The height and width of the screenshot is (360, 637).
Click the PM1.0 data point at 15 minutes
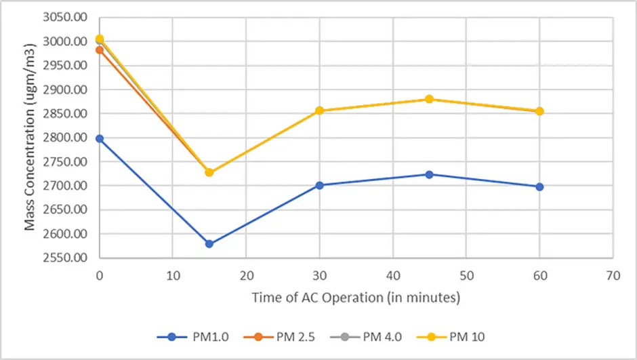(209, 243)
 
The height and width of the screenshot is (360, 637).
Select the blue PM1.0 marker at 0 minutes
(100, 138)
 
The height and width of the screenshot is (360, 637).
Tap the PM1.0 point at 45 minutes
(429, 174)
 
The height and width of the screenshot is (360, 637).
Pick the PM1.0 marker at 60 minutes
(539, 186)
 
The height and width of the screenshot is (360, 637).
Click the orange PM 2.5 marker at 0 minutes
(100, 49)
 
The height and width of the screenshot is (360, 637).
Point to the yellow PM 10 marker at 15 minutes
(209, 172)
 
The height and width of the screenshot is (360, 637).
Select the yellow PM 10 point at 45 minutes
(429, 99)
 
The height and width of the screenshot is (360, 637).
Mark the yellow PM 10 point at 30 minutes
(319, 111)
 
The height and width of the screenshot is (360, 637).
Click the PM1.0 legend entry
(194, 336)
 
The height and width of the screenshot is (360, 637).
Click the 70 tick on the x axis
(613, 276)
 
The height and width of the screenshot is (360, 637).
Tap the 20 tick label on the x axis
(245, 276)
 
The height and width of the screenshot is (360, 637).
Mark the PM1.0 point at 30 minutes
(319, 185)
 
